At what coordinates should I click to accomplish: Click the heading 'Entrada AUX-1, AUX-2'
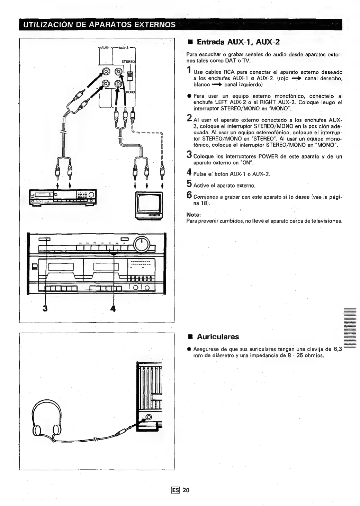238,42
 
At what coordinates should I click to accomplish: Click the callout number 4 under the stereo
112,308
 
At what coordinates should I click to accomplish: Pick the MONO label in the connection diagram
130,92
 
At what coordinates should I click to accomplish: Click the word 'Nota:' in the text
193,215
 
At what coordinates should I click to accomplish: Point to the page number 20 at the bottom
186,490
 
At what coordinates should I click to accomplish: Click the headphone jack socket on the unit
149,417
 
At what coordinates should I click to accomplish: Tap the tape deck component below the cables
62,198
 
